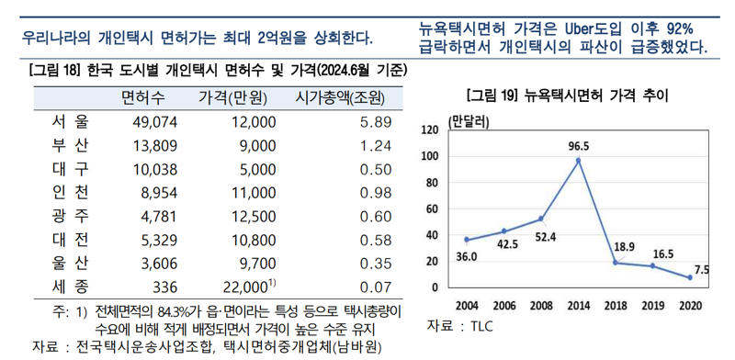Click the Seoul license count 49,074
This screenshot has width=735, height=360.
[x=154, y=121]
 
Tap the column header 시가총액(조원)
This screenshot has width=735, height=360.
[x=339, y=96]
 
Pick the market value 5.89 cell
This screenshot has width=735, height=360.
[x=376, y=121]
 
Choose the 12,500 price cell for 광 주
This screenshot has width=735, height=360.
[x=254, y=216]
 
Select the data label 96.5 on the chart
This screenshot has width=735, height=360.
[x=578, y=145]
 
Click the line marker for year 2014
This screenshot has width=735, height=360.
[x=578, y=161]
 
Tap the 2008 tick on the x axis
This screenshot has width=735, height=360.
[x=540, y=304]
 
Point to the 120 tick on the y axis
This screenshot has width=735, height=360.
[x=430, y=130]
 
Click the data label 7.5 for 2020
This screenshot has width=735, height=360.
[x=702, y=268]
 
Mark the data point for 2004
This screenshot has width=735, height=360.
[x=466, y=240]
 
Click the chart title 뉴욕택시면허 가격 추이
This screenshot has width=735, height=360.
[x=567, y=95]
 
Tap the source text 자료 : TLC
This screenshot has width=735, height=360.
[x=460, y=327]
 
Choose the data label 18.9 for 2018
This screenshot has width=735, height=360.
[x=623, y=247]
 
